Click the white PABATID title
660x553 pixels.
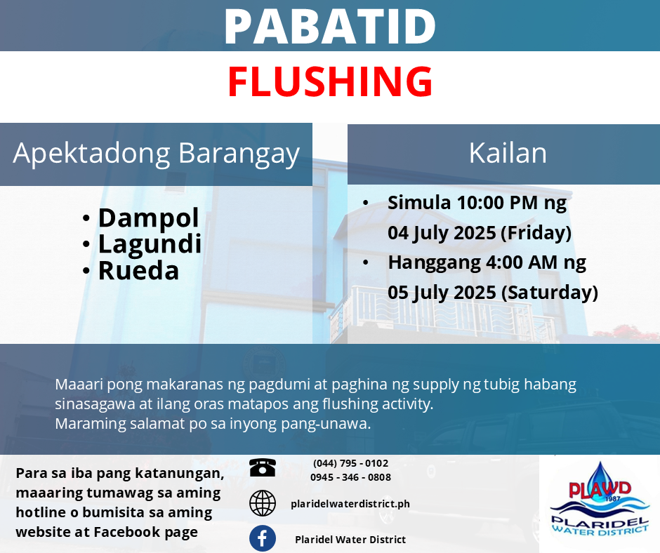(x=330, y=26)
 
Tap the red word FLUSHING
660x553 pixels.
(x=330, y=81)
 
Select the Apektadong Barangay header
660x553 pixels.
(x=156, y=154)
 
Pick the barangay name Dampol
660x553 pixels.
(x=148, y=218)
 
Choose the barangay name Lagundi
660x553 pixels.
(x=150, y=244)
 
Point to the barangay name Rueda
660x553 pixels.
(x=138, y=270)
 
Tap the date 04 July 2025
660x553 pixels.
(x=442, y=233)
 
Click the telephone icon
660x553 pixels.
(x=262, y=467)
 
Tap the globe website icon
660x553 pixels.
(x=262, y=503)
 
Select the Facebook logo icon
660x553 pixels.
(x=262, y=538)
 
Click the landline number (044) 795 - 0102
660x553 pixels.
(x=350, y=463)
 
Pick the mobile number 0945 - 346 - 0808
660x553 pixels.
(x=350, y=477)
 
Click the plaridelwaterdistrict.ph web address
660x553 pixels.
(x=350, y=504)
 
